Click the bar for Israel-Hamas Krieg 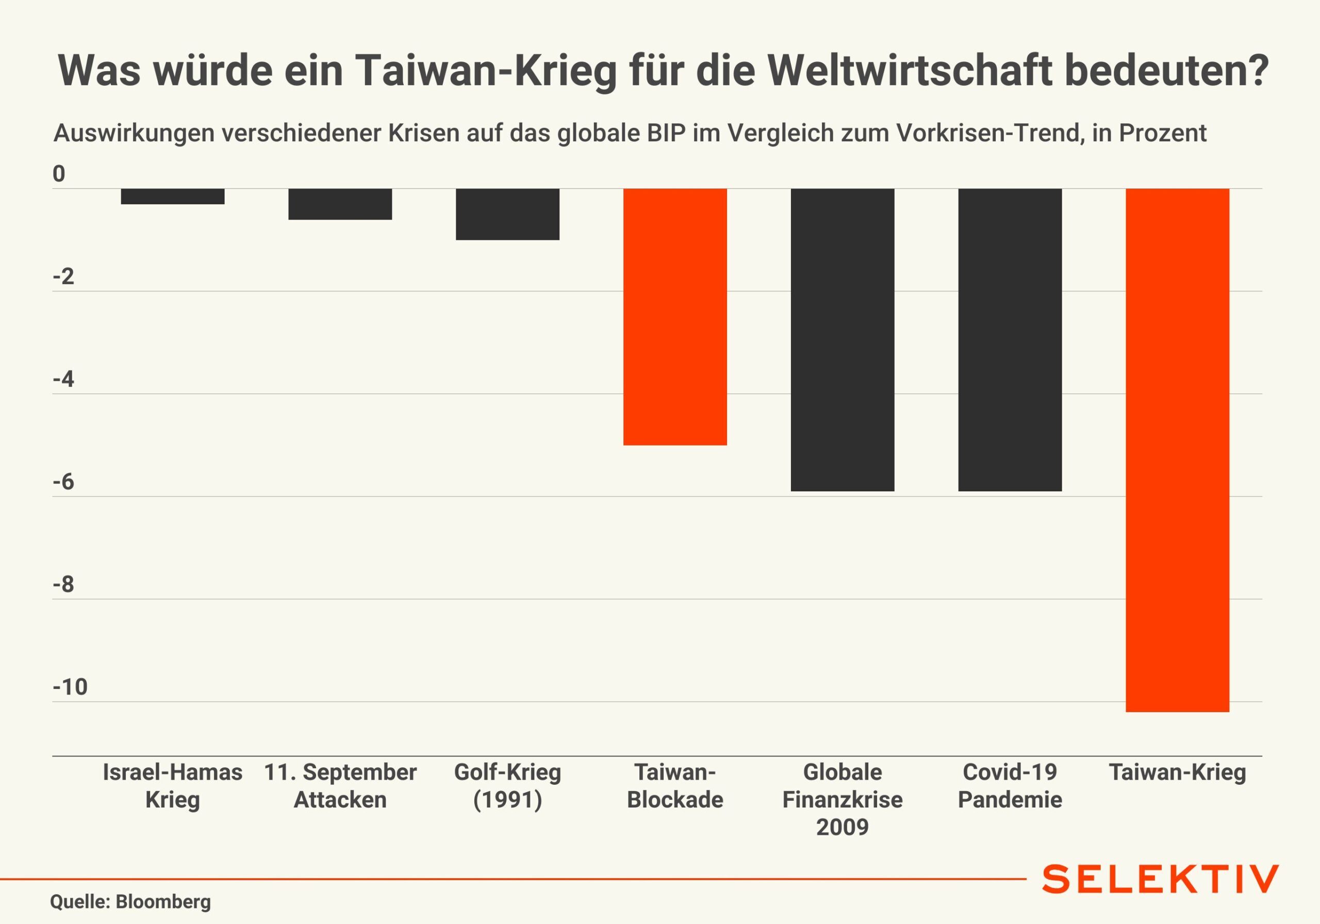click(172, 196)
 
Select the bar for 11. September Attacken click(340, 204)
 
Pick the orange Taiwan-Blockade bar click(675, 316)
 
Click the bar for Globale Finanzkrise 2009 click(842, 339)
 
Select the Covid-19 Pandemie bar click(1010, 339)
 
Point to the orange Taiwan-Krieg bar click(1177, 450)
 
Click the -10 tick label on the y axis click(70, 687)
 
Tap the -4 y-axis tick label click(63, 379)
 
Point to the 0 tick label click(59, 174)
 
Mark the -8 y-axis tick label click(63, 585)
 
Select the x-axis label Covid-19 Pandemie click(1010, 785)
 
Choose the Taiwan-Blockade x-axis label click(675, 785)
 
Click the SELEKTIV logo click(1160, 880)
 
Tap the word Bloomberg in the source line click(163, 902)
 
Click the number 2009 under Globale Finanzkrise click(842, 827)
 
